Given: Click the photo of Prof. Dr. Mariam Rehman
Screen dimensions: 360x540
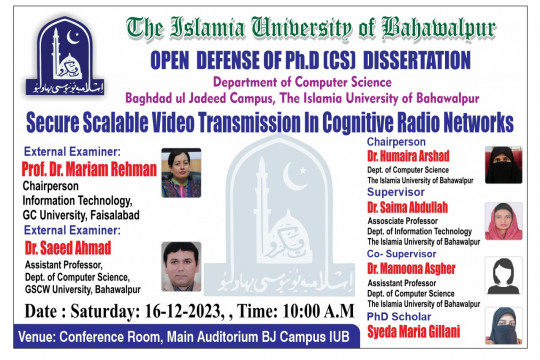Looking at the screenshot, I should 180,172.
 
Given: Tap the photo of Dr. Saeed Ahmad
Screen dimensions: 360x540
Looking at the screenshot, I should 181,265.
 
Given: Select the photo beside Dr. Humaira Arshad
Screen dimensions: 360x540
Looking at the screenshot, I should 502,166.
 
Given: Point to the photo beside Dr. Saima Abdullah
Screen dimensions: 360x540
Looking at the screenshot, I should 502,220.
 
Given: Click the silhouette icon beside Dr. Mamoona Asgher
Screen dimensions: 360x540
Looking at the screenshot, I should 502,272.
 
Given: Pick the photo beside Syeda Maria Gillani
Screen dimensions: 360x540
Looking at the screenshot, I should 502,325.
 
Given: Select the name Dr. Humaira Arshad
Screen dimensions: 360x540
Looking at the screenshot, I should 408,156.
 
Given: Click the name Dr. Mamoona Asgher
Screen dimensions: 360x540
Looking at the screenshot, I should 411,268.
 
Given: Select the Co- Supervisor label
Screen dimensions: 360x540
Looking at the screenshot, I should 402,254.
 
